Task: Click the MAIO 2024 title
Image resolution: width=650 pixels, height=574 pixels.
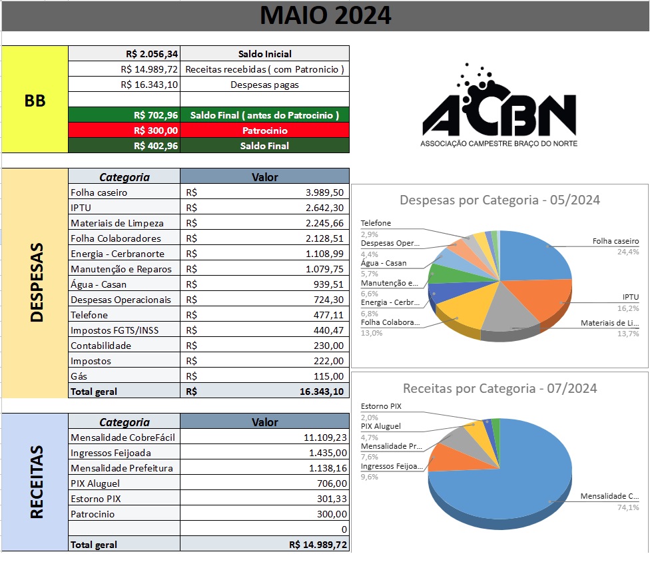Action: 325,15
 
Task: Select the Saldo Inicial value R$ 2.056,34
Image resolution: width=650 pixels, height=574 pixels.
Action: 152,54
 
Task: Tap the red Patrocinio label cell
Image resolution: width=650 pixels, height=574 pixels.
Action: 264,131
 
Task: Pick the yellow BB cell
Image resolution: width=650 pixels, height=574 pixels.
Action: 35,100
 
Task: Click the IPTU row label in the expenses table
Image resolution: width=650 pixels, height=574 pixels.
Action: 82,208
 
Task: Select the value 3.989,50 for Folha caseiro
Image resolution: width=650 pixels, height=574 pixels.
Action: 320,192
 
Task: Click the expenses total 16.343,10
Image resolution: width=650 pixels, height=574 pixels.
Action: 322,392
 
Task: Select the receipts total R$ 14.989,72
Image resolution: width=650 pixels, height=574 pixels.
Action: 318,545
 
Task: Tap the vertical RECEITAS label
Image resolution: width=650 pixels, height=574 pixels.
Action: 35,482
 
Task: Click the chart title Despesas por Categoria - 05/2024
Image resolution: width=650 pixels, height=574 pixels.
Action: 499,200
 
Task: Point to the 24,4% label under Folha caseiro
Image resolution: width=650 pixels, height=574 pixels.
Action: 629,252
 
